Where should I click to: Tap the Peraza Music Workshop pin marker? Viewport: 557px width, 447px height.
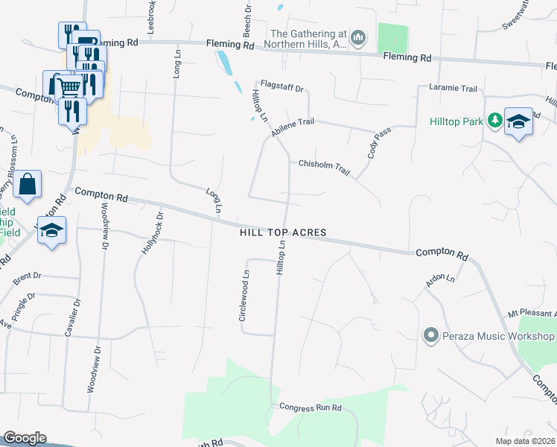[x=430, y=336]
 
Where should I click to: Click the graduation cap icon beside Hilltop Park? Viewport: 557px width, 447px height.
[x=518, y=121]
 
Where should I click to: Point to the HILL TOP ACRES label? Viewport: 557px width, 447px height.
[x=283, y=233]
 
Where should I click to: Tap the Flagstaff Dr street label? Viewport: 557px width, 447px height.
[x=281, y=88]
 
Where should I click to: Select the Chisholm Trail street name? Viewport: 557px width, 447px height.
[x=324, y=167]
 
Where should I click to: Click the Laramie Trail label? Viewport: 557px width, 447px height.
[x=453, y=89]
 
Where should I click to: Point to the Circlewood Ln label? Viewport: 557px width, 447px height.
[x=243, y=296]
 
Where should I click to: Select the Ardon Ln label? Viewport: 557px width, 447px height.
[x=439, y=281]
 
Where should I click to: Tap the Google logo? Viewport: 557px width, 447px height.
[x=25, y=438]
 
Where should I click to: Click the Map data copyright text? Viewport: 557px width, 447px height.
[x=525, y=441]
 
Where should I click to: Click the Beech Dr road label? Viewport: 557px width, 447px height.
[x=246, y=20]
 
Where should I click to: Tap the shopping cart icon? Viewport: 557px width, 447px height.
[x=69, y=88]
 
